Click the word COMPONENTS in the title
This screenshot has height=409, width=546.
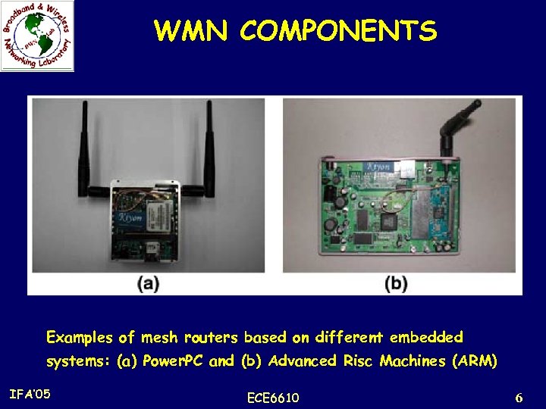click(x=339, y=31)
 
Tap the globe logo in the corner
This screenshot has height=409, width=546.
click(x=37, y=36)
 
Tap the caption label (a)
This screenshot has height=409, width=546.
click(x=147, y=284)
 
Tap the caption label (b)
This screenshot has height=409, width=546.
click(x=396, y=284)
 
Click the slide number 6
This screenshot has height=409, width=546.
click(x=519, y=397)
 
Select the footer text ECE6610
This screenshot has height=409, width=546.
click(x=273, y=398)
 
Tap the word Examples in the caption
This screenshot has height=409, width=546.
click(x=78, y=336)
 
